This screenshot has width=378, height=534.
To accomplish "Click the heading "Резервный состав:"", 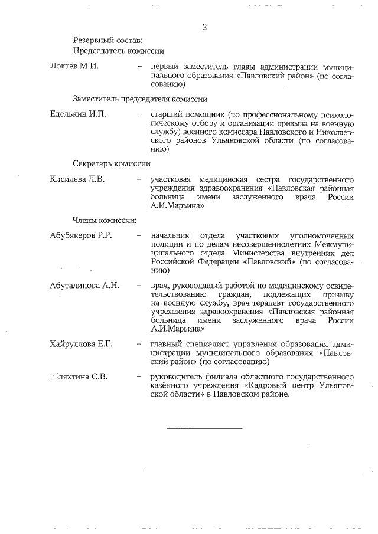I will pyautogui.click(x=107, y=40).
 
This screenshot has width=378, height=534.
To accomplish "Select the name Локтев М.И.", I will pyautogui.click(x=74, y=65).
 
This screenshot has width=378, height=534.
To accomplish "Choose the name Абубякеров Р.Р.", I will pyautogui.click(x=82, y=235).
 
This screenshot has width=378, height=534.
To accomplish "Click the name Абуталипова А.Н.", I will pyautogui.click(x=85, y=285).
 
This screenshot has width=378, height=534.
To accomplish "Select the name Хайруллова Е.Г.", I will pyautogui.click(x=82, y=343).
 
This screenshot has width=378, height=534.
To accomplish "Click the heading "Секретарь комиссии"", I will pyautogui.click(x=112, y=163).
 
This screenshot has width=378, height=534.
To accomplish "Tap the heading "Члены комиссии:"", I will pyautogui.click(x=105, y=220).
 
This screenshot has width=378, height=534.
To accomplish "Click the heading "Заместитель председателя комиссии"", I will pyautogui.click(x=140, y=99).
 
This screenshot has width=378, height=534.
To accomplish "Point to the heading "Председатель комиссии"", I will pyautogui.click(x=118, y=51).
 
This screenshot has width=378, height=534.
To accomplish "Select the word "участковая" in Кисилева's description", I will pyautogui.click(x=175, y=178).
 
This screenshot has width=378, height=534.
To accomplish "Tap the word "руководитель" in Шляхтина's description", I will pyautogui.click(x=178, y=376).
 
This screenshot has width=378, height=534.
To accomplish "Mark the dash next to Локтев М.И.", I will pyautogui.click(x=139, y=65).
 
